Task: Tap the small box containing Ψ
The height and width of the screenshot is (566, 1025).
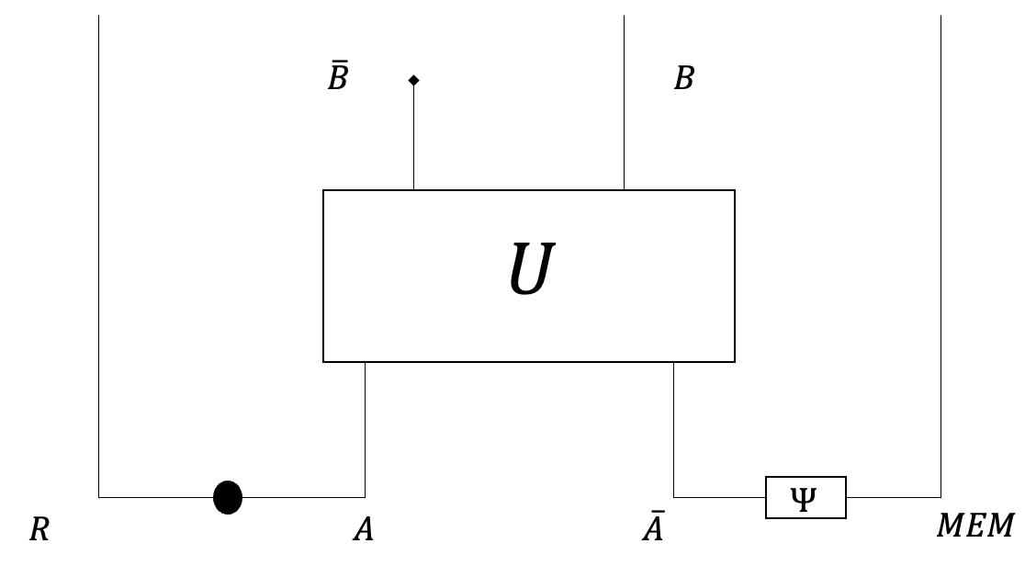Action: pos(805,497)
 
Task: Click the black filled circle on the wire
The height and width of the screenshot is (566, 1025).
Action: pos(228,497)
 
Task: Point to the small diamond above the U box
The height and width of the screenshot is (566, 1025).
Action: pos(413,81)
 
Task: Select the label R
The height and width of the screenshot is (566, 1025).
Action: pos(39,530)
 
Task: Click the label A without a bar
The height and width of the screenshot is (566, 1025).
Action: pos(364,530)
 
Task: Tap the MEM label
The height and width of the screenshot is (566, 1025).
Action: pos(974,526)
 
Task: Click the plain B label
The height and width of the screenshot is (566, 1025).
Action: pos(683,79)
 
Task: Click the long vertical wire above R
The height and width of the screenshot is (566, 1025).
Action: pos(98,257)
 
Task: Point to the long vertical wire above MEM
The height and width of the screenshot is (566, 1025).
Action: pos(941,257)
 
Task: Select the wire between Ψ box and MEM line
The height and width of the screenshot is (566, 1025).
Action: pos(893,497)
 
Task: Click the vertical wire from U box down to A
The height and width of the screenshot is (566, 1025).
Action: pos(366,427)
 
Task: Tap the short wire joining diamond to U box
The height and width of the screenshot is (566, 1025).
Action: pos(413,138)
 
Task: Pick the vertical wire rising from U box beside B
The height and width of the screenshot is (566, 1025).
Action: pos(624,101)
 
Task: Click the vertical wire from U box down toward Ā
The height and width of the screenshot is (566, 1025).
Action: pos(674,427)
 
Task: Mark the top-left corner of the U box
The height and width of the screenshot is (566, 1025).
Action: pos(323,191)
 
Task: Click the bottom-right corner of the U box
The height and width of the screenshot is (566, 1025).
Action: pos(735,361)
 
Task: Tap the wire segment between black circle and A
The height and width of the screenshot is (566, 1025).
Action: pos(303,497)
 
